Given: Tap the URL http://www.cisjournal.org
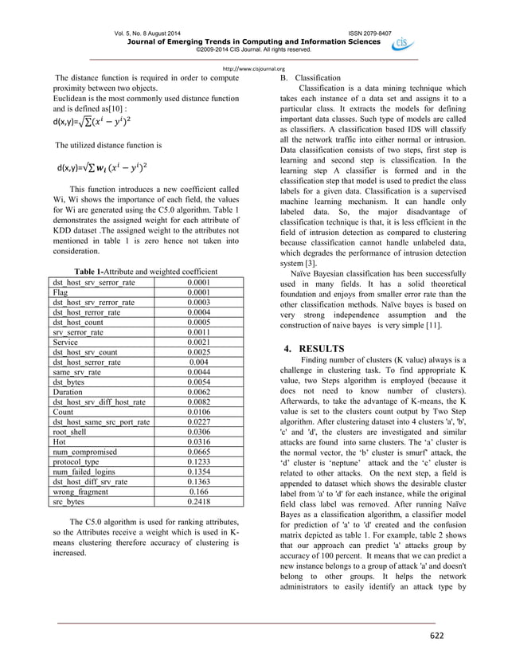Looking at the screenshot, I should pos(253,68).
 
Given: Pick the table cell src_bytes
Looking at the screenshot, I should pos(70,503).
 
